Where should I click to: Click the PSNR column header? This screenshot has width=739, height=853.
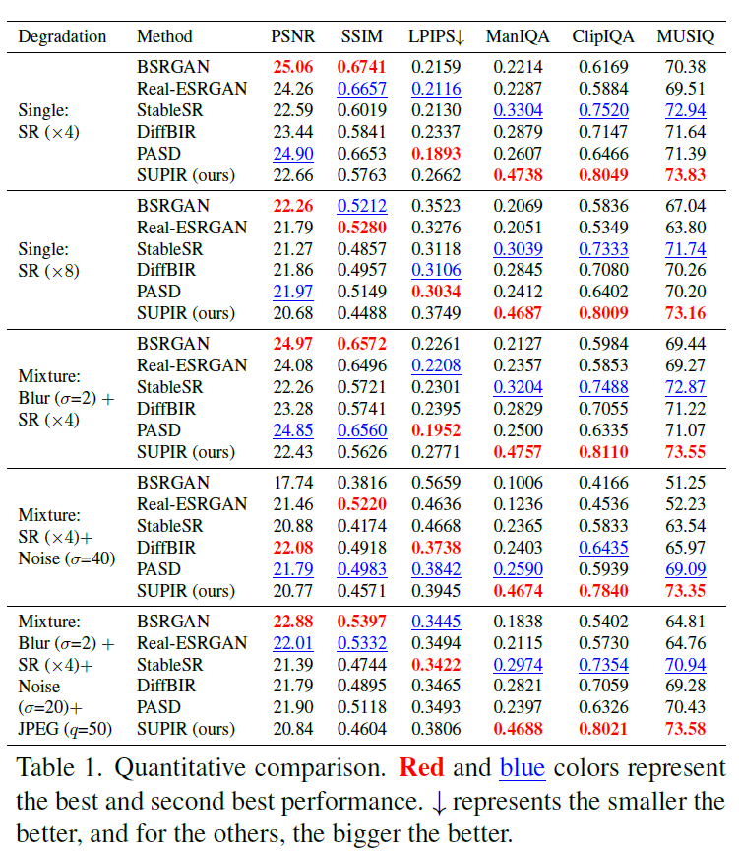pyautogui.click(x=292, y=37)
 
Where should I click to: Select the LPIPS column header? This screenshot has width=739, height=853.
pyautogui.click(x=436, y=37)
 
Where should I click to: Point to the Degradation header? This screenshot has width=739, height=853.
pyautogui.click(x=62, y=37)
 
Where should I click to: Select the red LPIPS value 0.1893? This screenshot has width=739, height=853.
pyautogui.click(x=434, y=153)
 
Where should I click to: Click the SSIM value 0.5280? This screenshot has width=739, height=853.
pyautogui.click(x=362, y=227)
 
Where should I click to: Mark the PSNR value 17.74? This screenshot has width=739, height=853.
pyautogui.click(x=292, y=482)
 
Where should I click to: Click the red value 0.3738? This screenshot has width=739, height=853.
pyautogui.click(x=434, y=547)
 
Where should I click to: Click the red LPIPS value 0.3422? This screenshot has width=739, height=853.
pyautogui.click(x=434, y=665)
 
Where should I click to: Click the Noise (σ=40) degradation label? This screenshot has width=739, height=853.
pyautogui.click(x=66, y=558)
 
